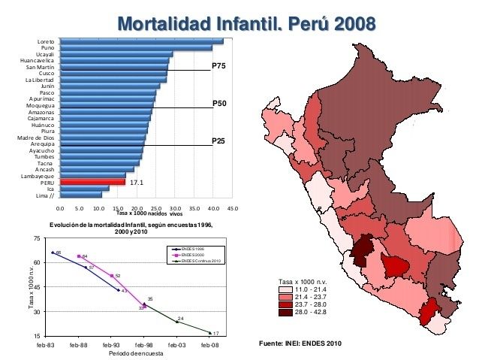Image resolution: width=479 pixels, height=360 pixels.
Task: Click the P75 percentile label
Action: point(218,66)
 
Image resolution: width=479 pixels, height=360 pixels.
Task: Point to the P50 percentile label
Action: point(218,103)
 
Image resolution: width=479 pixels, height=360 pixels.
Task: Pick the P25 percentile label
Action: point(218,140)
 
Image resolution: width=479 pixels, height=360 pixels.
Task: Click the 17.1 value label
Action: point(137,182)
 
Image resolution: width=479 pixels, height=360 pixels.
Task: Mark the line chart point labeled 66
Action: point(53,253)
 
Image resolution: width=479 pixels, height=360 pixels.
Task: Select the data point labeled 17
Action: point(210,331)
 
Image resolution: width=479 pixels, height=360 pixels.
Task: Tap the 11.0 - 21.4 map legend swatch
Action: point(283,289)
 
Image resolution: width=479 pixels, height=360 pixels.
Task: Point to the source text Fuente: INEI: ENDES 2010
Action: point(300,343)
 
